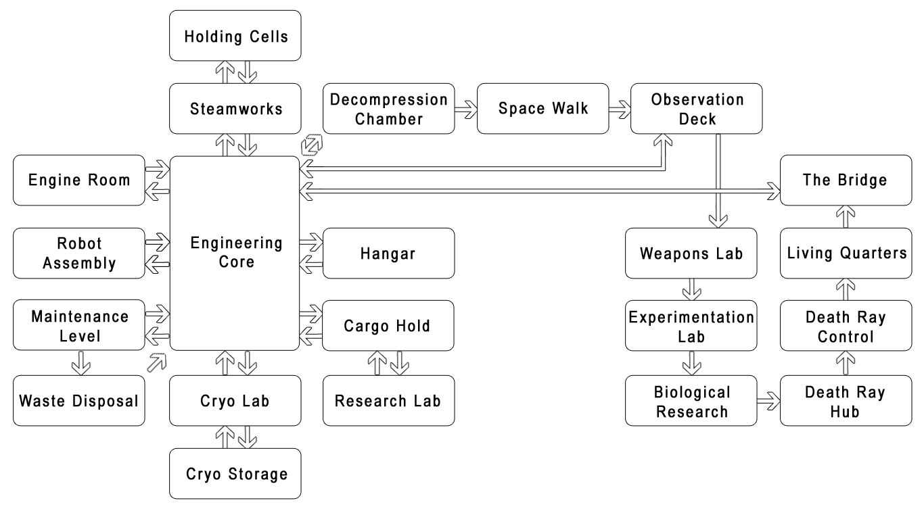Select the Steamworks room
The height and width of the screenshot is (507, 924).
click(235, 108)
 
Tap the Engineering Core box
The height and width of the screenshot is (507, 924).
click(235, 253)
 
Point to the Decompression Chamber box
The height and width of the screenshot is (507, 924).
click(389, 108)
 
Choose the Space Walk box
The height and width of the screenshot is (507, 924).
click(543, 108)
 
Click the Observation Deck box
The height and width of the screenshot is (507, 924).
click(697, 108)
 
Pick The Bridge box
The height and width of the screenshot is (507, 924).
click(846, 180)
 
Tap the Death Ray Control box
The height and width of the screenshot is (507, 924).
click(846, 326)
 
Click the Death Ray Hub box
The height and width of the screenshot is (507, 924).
click(846, 401)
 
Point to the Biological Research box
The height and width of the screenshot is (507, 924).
click(691, 401)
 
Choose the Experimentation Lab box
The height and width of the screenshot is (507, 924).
click(691, 326)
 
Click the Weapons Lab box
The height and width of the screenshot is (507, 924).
click(691, 253)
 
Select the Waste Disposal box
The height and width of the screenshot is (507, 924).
click(79, 401)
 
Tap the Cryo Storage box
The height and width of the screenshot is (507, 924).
click(235, 473)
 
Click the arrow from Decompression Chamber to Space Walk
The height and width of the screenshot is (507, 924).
click(466, 108)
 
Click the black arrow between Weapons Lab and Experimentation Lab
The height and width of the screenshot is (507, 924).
click(691, 289)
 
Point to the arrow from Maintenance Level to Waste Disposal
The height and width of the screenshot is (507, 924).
click(81, 362)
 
